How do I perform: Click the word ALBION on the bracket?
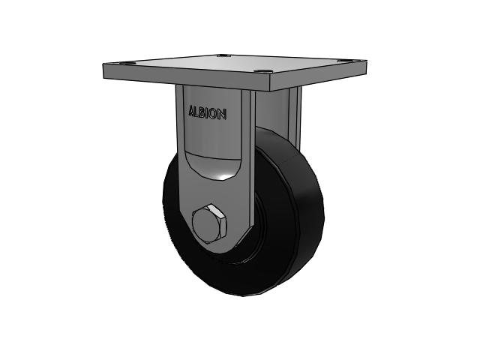point(208,112)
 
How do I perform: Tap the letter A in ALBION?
point(192,111)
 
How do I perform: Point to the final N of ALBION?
point(223,114)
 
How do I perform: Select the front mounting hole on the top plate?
point(262,72)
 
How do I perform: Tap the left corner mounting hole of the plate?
point(125,63)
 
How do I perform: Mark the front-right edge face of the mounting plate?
point(319,75)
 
